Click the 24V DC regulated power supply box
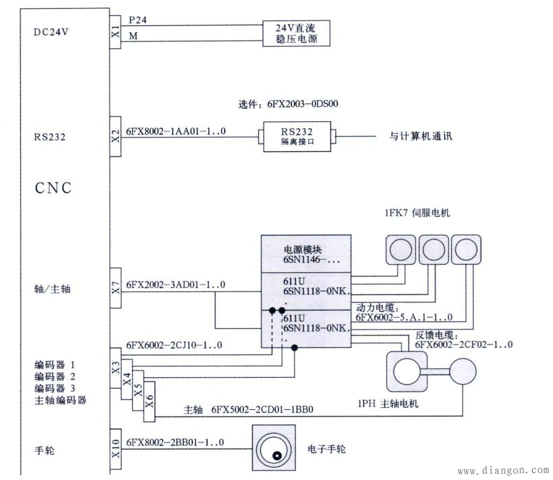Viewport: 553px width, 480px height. tap(297, 33)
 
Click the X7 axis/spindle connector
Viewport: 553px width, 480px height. tap(115, 289)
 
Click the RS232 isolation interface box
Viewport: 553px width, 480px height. tap(296, 135)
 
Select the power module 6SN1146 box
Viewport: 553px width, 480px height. tap(306, 254)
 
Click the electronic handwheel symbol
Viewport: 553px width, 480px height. tap(274, 448)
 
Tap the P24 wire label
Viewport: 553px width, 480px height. tap(138, 21)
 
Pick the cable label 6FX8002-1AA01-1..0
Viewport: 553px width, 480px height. tap(176, 130)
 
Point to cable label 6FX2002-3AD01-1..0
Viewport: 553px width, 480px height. tap(176, 284)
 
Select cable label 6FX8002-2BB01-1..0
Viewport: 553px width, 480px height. tap(176, 443)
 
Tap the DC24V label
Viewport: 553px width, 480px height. tap(51, 31)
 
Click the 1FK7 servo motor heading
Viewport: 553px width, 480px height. tap(417, 213)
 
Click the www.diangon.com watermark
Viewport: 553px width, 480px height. tap(502, 470)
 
